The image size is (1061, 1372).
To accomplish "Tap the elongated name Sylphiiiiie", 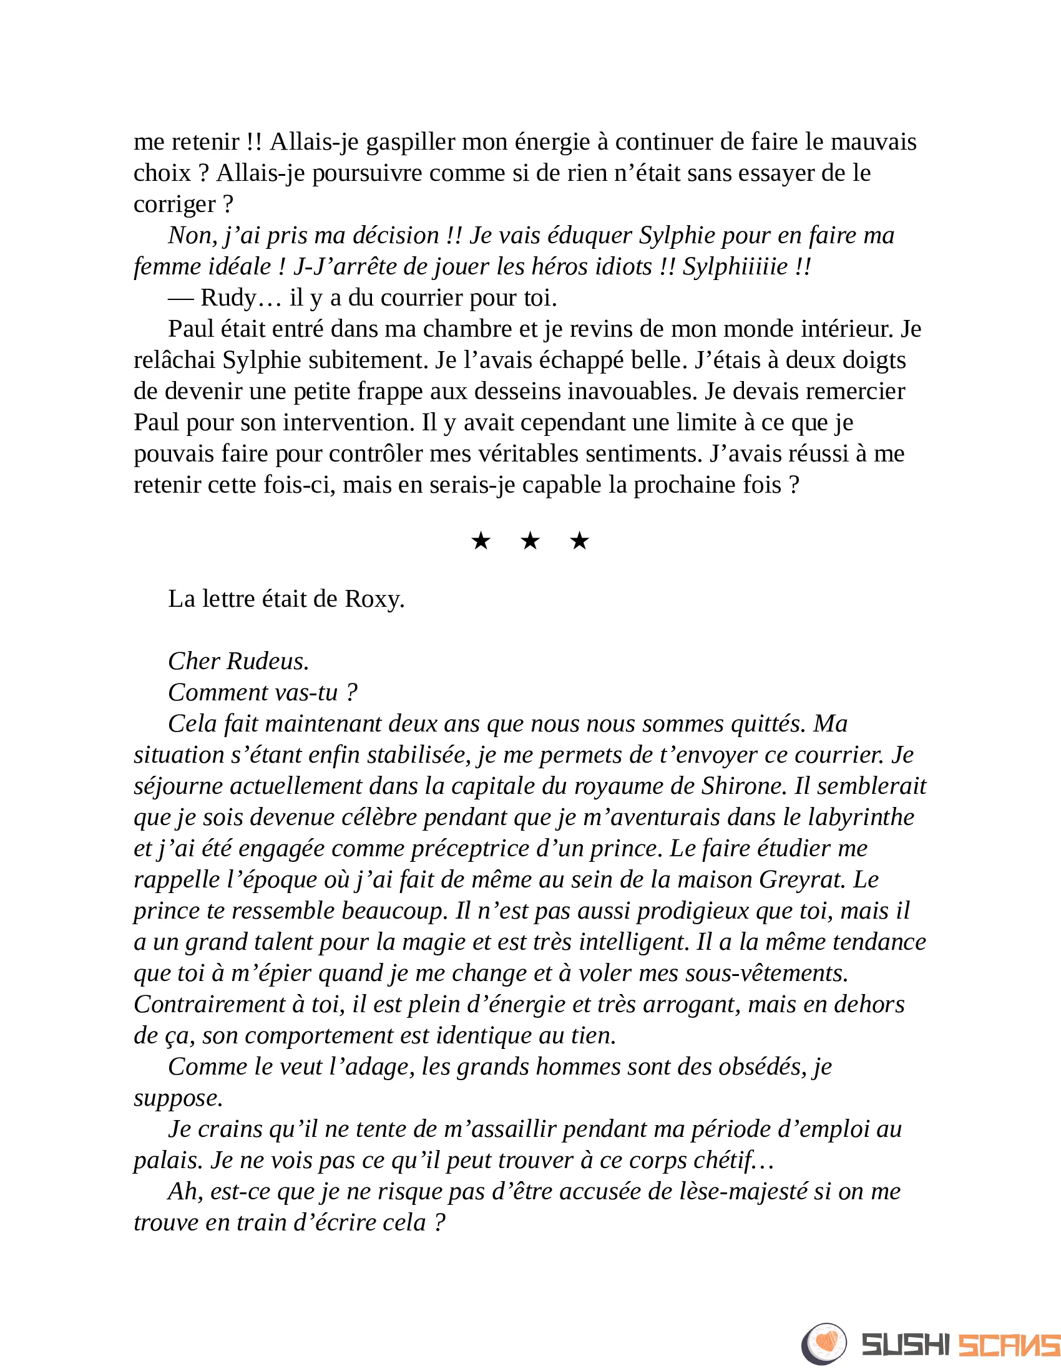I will (735, 267).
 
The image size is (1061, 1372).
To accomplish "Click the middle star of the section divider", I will (530, 541).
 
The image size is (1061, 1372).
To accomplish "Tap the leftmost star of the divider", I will (481, 541).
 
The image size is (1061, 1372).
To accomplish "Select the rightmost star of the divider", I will (580, 541).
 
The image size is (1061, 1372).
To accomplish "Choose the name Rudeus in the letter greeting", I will (268, 662).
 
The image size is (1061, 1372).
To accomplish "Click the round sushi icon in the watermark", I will (824, 1344).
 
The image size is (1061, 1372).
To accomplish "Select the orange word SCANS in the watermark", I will (1008, 1345).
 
